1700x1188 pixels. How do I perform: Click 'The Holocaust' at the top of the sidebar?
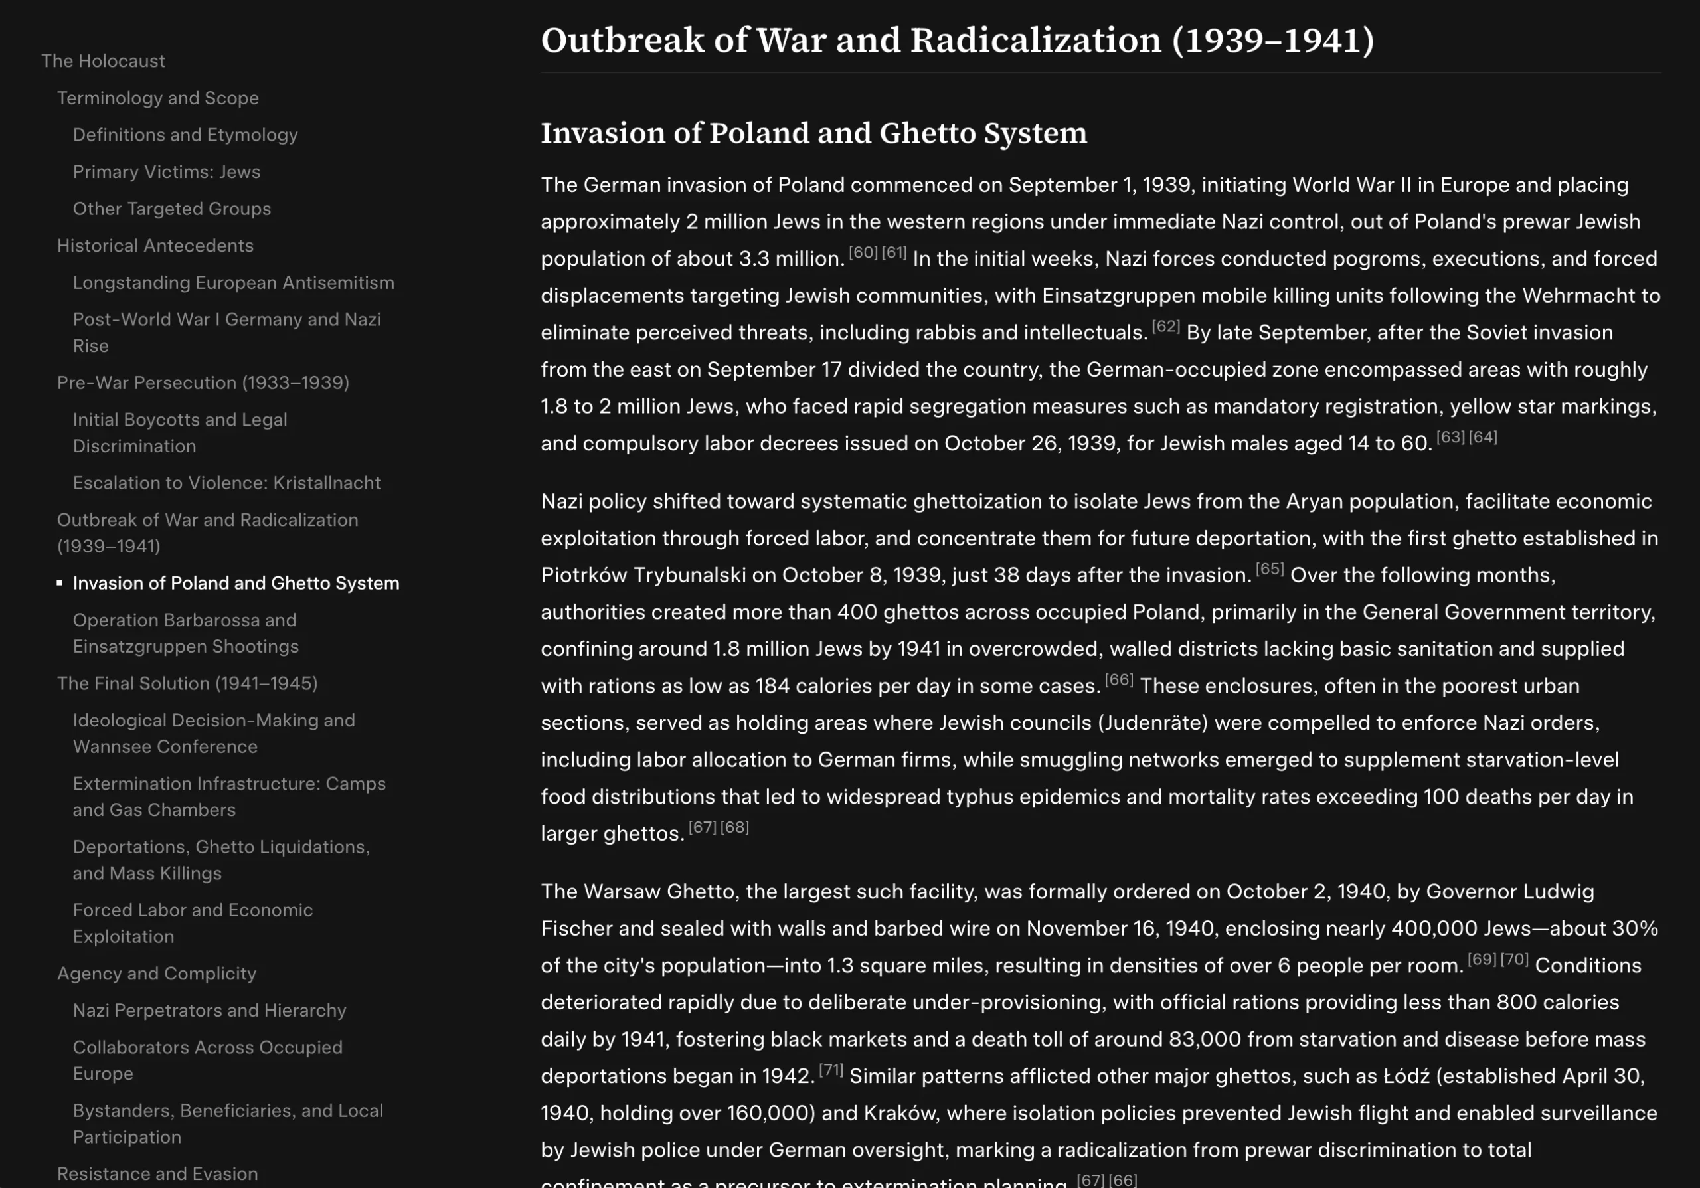coord(103,60)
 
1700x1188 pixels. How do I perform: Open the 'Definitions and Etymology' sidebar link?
coord(185,135)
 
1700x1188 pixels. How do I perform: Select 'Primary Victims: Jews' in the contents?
coord(167,172)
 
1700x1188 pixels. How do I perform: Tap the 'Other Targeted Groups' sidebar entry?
coord(172,209)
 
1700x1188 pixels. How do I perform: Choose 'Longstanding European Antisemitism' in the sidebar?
coord(233,283)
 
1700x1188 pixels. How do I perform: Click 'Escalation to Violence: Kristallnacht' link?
coord(226,483)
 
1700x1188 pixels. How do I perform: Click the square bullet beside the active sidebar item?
coord(59,583)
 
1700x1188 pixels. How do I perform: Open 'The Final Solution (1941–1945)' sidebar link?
coord(187,683)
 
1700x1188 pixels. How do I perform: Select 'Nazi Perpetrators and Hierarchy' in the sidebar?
coord(210,1010)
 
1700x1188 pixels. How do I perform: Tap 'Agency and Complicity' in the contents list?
coord(156,974)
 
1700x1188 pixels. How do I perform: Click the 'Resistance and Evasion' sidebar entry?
coord(157,1174)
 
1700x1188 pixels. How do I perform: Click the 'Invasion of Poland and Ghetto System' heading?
coord(813,133)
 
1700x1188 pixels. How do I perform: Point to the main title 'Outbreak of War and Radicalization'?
coord(957,40)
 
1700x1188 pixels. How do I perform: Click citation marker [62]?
coord(1165,327)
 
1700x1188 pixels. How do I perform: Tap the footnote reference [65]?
coord(1269,569)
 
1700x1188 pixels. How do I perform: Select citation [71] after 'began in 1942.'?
coord(831,1070)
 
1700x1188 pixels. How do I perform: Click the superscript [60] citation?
coord(863,252)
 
